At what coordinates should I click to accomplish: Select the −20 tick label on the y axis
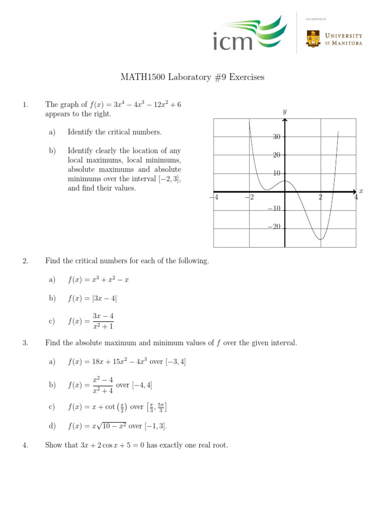tap(274, 227)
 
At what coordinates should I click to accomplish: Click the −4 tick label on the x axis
tap(214, 197)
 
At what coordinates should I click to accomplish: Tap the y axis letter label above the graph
tap(284, 111)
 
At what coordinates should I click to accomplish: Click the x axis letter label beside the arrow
tap(360, 191)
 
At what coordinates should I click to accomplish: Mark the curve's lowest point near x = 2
tap(320, 239)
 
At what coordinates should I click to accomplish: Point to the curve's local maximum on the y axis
tap(285, 181)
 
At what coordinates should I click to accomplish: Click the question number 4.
tap(25, 445)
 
